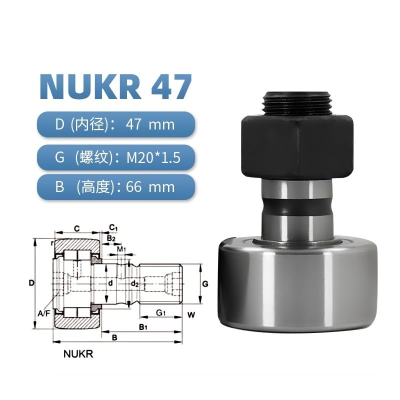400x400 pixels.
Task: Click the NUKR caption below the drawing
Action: tap(78, 354)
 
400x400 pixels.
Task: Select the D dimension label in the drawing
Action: tap(31, 283)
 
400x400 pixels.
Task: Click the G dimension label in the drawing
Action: tap(204, 283)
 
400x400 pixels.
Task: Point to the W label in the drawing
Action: tap(191, 315)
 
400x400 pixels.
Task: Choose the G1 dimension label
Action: tap(160, 313)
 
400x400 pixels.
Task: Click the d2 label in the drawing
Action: tap(134, 283)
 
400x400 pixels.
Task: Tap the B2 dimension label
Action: tap(110, 238)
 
